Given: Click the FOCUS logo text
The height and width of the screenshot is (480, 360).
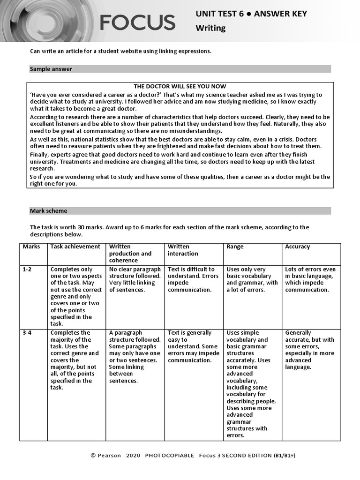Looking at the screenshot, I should coord(137,22).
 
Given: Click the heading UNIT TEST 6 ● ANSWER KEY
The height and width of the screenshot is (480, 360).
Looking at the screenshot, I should coord(251,14).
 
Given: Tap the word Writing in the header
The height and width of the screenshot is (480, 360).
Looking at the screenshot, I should coord(210,28).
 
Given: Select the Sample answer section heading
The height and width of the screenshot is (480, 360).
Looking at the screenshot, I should coord(51,69).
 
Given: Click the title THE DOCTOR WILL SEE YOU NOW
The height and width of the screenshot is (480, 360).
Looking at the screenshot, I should coord(180,86).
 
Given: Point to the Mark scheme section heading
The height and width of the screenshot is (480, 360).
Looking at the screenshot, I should coord(48,211).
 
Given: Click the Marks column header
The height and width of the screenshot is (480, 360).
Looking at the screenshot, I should coord(31,247).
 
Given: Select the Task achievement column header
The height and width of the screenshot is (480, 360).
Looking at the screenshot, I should coord(75,247).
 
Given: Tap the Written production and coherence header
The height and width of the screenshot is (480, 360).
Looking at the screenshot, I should coord(130,254).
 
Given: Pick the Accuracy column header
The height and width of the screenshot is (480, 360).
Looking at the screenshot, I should coord(297,247).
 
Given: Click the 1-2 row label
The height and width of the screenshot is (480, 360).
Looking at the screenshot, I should coord(28,270).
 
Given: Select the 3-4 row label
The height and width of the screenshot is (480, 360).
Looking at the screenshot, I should coord(28,333).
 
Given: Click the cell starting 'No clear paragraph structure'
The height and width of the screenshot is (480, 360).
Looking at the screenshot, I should coord(135,279).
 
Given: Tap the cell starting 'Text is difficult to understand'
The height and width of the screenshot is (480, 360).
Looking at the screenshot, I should coord(193,279).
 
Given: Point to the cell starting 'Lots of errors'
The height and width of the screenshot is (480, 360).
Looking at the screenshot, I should coord(310,279).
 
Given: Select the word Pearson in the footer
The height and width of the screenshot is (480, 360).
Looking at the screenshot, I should coord(109,455).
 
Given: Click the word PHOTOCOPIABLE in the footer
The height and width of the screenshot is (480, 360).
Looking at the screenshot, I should coord(169,455).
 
